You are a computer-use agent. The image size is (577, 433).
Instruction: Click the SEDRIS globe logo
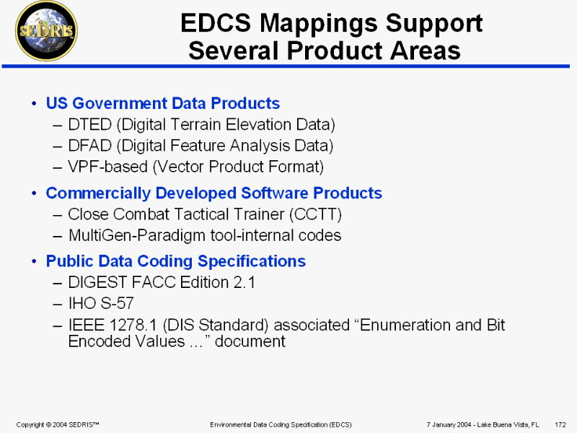click(46, 31)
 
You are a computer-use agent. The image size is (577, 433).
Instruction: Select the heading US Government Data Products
click(163, 103)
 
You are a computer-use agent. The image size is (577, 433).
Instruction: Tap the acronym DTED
click(89, 124)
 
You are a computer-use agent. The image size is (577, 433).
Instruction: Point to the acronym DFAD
click(89, 146)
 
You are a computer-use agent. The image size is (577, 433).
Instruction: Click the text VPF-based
click(107, 167)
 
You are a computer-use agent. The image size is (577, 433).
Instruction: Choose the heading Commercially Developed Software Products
click(213, 193)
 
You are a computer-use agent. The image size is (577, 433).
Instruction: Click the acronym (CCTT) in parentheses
click(315, 214)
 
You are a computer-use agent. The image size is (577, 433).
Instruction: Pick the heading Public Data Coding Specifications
click(176, 261)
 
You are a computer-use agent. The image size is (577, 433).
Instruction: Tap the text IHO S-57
click(101, 303)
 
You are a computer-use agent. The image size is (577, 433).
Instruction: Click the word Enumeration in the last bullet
click(405, 325)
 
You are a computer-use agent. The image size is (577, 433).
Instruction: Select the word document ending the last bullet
click(250, 341)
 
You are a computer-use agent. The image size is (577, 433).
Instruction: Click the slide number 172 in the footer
click(560, 424)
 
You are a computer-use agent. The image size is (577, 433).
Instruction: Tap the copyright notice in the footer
click(58, 424)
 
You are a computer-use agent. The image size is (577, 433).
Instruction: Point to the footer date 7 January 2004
click(449, 424)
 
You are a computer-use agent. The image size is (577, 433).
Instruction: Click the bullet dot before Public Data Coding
click(34, 261)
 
